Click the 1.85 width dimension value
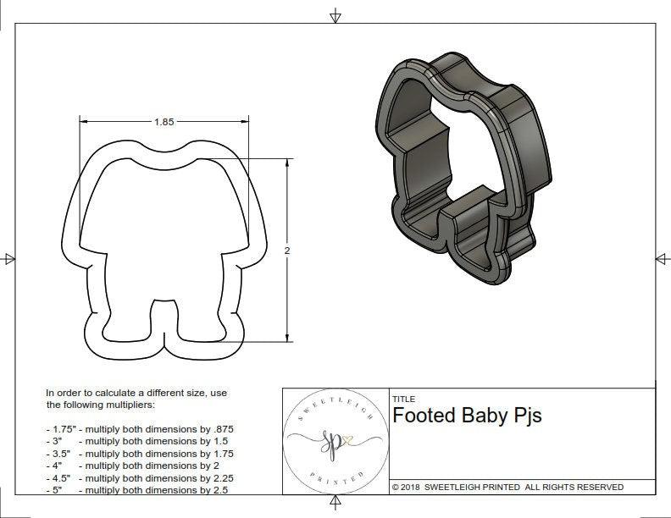coord(164,122)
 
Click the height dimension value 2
coord(287,251)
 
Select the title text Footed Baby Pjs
coord(467,416)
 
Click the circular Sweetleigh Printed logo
coord(335,442)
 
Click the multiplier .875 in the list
coord(222,429)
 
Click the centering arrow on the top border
coord(336,15)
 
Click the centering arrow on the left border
coord(9,258)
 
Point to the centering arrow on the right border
coord(662,258)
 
